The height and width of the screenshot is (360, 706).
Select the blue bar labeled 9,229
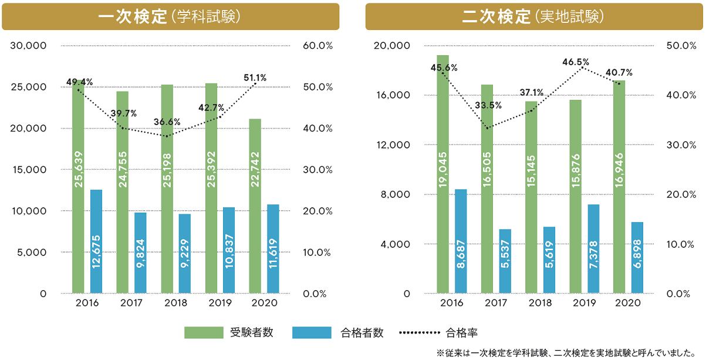tap(185, 253)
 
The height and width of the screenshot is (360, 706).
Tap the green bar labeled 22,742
tap(255, 206)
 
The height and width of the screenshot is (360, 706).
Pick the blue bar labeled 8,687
tap(461, 241)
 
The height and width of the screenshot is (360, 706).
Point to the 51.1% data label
tap(255, 77)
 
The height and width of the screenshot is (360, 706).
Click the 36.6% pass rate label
tap(167, 122)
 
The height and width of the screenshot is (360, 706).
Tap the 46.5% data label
tap(575, 61)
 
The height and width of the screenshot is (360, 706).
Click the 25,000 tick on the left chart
tap(28, 87)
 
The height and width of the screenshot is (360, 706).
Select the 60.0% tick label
tap(317, 46)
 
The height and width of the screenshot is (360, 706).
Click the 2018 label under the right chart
tap(540, 303)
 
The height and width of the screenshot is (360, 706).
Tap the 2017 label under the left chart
tap(131, 303)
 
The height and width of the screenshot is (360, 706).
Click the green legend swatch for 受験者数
tap(204, 333)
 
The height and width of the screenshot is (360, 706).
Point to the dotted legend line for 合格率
tap(419, 333)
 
